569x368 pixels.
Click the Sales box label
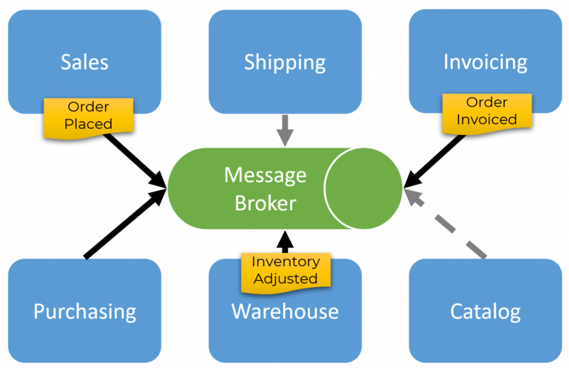click(x=84, y=62)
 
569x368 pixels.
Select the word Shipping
click(x=285, y=63)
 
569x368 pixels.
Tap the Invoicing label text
click(x=485, y=62)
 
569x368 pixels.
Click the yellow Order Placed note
click(x=88, y=115)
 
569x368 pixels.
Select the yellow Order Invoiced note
click(x=487, y=111)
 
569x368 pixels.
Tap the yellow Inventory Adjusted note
click(x=286, y=270)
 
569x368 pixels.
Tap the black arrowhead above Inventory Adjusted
click(x=285, y=240)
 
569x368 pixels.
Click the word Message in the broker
click(x=265, y=175)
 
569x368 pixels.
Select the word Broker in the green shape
click(x=265, y=203)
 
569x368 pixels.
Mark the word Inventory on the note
click(x=286, y=261)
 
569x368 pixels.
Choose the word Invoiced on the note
click(x=487, y=119)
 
